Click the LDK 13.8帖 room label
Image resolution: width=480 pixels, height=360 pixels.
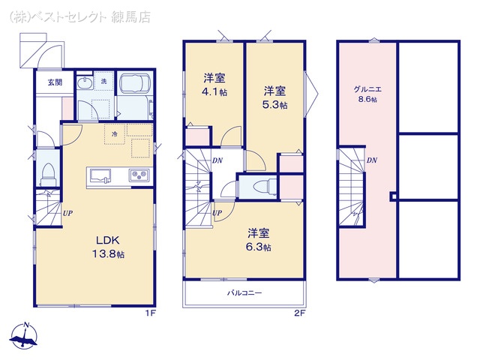click(109, 247)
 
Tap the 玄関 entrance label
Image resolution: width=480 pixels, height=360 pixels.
click(55, 82)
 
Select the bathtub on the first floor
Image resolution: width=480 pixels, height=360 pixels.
click(135, 82)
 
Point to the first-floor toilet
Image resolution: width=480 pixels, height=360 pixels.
click(47, 175)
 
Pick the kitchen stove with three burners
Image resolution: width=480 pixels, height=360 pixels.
click(140, 175)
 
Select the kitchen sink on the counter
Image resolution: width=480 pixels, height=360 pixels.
click(100, 176)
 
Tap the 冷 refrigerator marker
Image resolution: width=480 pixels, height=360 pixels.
click(115, 133)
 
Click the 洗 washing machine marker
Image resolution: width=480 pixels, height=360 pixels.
click(103, 82)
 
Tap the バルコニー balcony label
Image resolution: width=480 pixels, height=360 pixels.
click(244, 293)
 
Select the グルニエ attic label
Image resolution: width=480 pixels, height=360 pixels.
click(367, 89)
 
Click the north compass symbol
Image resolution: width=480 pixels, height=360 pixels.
click(24, 336)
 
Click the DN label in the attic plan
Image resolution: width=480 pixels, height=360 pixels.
click(372, 160)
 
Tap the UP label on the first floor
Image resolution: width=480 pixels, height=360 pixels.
click(68, 213)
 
